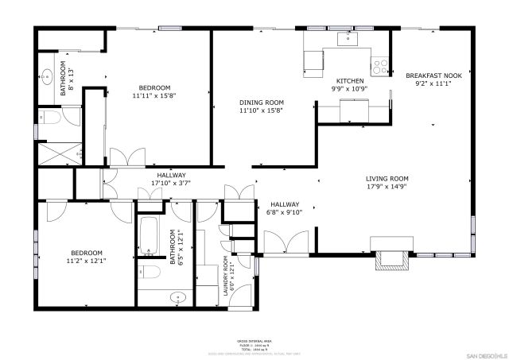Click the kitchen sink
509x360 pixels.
click(x=348, y=37)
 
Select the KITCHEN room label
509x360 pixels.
click(x=350, y=81)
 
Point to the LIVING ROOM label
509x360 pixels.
click(x=387, y=179)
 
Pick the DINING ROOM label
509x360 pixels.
click(x=262, y=103)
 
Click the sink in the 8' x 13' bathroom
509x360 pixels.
click(x=47, y=78)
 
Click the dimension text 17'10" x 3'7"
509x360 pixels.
click(x=171, y=183)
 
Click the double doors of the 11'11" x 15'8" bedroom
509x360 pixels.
click(x=127, y=157)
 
